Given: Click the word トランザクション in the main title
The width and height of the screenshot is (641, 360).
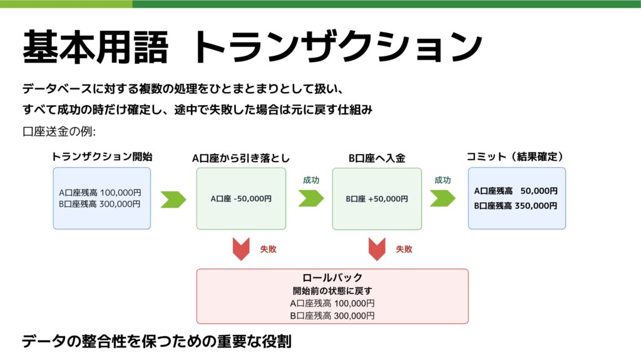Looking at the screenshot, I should [x=338, y=46].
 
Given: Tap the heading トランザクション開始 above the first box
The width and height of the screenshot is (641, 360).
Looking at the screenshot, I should [x=101, y=157].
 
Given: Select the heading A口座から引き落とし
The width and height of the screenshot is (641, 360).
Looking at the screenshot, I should [x=241, y=158].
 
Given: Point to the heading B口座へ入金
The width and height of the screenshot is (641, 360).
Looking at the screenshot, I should [x=377, y=158].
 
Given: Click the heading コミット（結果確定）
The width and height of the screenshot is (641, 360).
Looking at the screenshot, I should [x=516, y=157].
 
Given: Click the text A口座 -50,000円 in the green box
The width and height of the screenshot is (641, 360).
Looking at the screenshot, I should [x=241, y=199].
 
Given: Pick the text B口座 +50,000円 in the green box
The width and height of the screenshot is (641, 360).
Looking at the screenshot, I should [x=377, y=199].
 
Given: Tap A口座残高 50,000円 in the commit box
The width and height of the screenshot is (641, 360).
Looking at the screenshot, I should [x=516, y=191].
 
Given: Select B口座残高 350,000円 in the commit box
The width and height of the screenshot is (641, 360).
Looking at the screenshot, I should [x=516, y=205].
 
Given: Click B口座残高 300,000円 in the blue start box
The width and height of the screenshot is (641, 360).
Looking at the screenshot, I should [x=100, y=203].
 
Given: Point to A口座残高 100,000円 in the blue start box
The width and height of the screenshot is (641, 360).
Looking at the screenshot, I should [x=100, y=193].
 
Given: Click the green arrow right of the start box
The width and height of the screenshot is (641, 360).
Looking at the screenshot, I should [x=173, y=199].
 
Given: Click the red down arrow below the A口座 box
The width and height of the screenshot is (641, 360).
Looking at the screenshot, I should [x=241, y=249].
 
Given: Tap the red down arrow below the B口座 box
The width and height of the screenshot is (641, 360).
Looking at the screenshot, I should [x=377, y=249].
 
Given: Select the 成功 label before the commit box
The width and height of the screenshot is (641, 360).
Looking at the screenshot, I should [x=443, y=180].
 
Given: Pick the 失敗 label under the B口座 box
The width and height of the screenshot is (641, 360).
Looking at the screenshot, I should [x=404, y=249].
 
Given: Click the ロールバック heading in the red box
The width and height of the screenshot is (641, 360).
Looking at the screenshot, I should [x=332, y=278].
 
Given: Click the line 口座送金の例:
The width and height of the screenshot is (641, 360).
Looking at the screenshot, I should [x=58, y=132].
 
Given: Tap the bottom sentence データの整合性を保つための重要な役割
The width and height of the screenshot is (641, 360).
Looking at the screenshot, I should [x=157, y=342].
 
